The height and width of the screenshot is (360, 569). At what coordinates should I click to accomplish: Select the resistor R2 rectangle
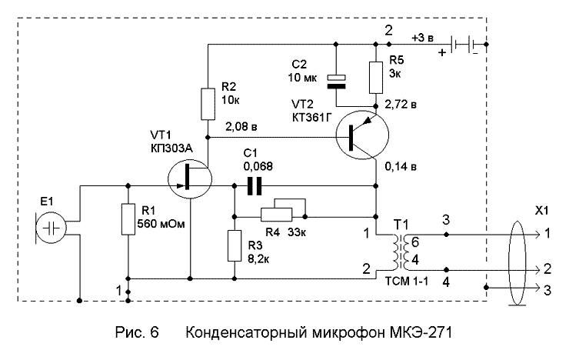pos(208,104)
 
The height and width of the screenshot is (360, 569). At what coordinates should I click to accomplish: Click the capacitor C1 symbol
pos(253,185)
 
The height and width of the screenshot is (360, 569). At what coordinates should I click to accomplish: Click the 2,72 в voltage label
pos(401,102)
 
